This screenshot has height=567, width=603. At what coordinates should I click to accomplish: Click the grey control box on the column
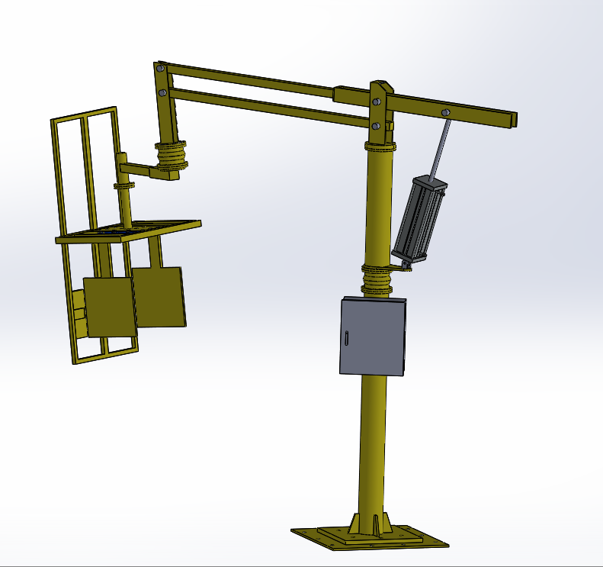[372, 337]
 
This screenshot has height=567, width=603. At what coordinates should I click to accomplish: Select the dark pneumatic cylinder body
[418, 217]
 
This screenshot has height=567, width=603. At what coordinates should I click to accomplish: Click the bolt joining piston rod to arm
[445, 113]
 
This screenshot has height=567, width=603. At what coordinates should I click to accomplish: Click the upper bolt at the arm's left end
[161, 69]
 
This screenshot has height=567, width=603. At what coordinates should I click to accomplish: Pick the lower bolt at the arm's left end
[163, 93]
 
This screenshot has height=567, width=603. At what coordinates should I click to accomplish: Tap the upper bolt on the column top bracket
[376, 101]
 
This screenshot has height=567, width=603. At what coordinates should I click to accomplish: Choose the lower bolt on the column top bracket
[376, 125]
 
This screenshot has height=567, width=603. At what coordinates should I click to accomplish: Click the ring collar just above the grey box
[377, 279]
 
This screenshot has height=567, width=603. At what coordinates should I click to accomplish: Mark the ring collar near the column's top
[380, 145]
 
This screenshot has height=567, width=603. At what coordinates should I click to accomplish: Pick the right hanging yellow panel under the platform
[159, 298]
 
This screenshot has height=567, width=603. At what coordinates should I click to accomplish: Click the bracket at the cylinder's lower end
[403, 264]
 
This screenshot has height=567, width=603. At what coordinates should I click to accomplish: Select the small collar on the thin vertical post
[123, 185]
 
